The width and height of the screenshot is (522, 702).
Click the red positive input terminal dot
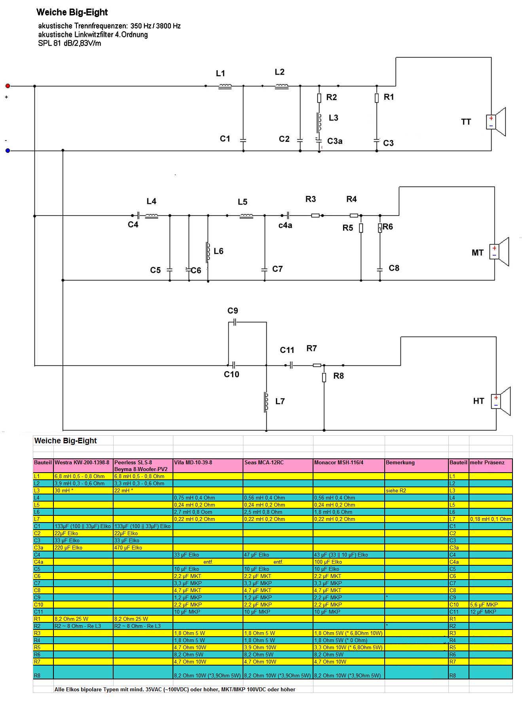[x=8, y=86]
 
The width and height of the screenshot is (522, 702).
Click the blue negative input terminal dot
[x=8, y=151]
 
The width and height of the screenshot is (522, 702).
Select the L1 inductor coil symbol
[x=225, y=86]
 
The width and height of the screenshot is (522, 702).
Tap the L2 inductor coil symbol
[x=281, y=86]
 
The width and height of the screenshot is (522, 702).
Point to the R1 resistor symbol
[x=377, y=98]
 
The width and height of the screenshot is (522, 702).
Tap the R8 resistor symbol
[x=324, y=378]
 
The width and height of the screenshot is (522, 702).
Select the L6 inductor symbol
[x=207, y=252]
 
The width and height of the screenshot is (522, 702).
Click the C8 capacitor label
[x=394, y=268]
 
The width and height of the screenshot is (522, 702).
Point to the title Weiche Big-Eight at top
[x=72, y=12]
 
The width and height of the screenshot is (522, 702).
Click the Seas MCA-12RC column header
[x=264, y=462]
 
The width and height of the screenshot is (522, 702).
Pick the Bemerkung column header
[x=400, y=462]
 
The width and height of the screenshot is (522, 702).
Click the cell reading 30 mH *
[x=64, y=490]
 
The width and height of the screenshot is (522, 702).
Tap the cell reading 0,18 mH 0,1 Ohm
[x=490, y=519]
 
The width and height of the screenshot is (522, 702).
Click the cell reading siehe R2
[x=396, y=490]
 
